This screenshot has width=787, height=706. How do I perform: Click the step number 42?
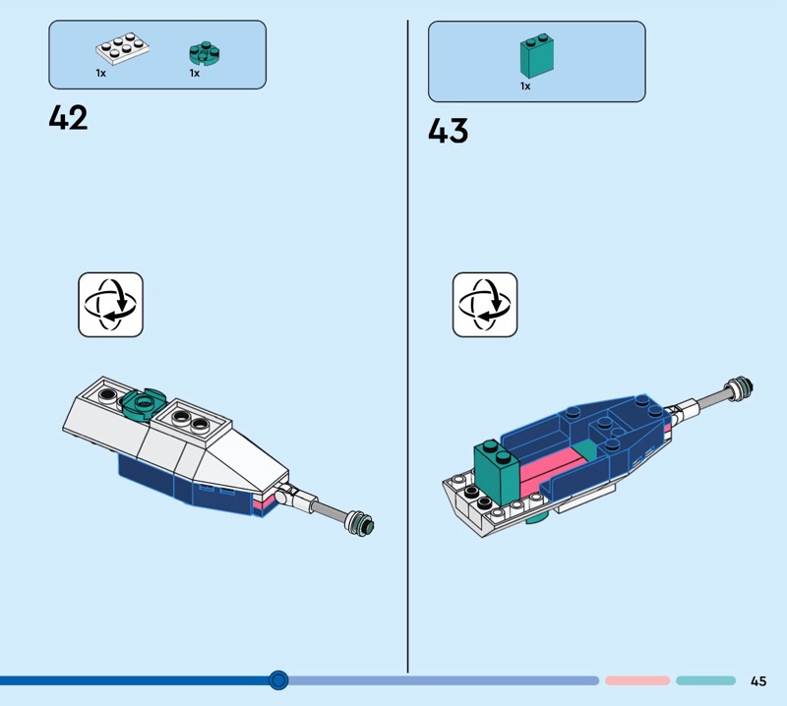coord(68,118)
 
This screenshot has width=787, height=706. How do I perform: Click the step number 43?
coord(448,131)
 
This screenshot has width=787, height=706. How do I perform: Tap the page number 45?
coord(757,680)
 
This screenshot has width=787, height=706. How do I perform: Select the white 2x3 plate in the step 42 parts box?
coord(119,50)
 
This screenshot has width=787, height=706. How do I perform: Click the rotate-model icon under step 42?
coord(110,304)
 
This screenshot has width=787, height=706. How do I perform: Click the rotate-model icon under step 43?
coord(485,304)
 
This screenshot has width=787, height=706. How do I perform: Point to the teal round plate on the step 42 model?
coord(143,402)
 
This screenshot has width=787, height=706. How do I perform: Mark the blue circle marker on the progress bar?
coord(278,679)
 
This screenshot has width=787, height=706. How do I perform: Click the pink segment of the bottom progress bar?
coord(636,680)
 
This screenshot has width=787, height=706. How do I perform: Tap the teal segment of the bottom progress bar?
coord(704,680)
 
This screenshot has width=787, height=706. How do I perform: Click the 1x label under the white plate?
coord(100,74)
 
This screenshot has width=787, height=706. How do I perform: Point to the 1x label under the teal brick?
coord(525,87)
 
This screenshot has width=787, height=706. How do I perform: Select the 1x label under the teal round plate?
coord(195,74)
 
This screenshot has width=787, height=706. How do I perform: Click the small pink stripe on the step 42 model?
coord(261,503)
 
